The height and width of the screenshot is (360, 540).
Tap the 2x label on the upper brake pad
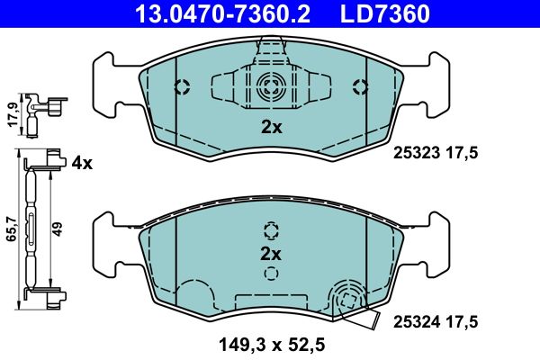point(271,128)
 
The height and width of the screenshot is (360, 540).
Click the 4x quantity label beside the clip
point(82,163)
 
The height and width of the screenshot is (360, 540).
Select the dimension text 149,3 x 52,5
point(271,342)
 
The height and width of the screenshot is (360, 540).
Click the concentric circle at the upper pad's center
point(270,87)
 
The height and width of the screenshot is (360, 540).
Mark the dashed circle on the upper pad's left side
point(181,87)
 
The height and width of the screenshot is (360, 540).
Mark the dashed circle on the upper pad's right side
point(361,87)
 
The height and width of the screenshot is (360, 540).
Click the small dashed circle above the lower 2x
point(271,229)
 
